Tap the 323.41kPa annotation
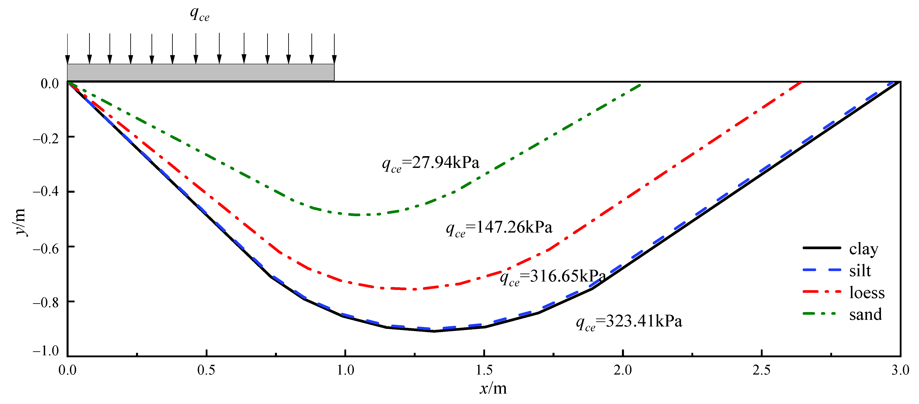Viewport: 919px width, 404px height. click(629, 321)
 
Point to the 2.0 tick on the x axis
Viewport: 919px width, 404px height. click(623, 370)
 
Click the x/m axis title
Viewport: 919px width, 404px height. click(493, 388)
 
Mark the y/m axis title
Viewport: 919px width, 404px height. click(20, 221)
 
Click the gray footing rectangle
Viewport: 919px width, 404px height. click(200, 72)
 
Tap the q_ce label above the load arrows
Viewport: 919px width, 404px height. click(200, 14)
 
